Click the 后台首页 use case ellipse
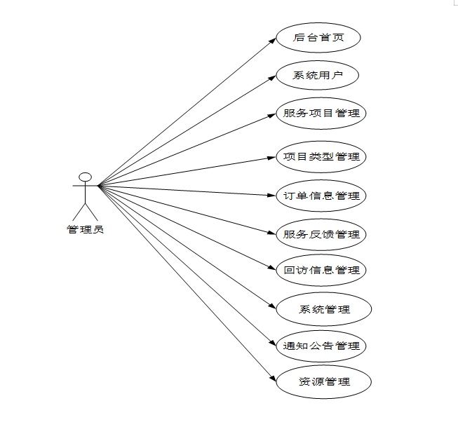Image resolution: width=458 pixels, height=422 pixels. (318, 38)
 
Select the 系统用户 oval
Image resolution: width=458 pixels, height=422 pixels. (318, 76)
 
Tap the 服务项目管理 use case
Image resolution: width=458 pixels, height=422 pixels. (321, 113)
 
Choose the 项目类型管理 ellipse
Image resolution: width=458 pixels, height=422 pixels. (321, 156)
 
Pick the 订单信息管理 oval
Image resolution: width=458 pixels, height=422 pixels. (321, 196)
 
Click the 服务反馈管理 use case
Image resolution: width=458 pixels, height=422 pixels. (321, 233)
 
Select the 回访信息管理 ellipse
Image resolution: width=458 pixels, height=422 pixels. (321, 270)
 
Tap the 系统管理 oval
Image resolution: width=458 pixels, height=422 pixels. (323, 308)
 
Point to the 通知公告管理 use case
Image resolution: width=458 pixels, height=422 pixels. (321, 346)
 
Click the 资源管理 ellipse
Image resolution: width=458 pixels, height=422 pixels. (323, 382)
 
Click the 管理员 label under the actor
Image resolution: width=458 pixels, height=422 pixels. (85, 229)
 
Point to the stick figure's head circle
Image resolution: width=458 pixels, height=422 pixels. (85, 176)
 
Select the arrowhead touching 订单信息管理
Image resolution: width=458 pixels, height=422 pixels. (272, 195)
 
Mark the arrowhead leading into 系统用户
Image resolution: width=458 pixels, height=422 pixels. (272, 77)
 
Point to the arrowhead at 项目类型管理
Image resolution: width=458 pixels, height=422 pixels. (272, 157)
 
